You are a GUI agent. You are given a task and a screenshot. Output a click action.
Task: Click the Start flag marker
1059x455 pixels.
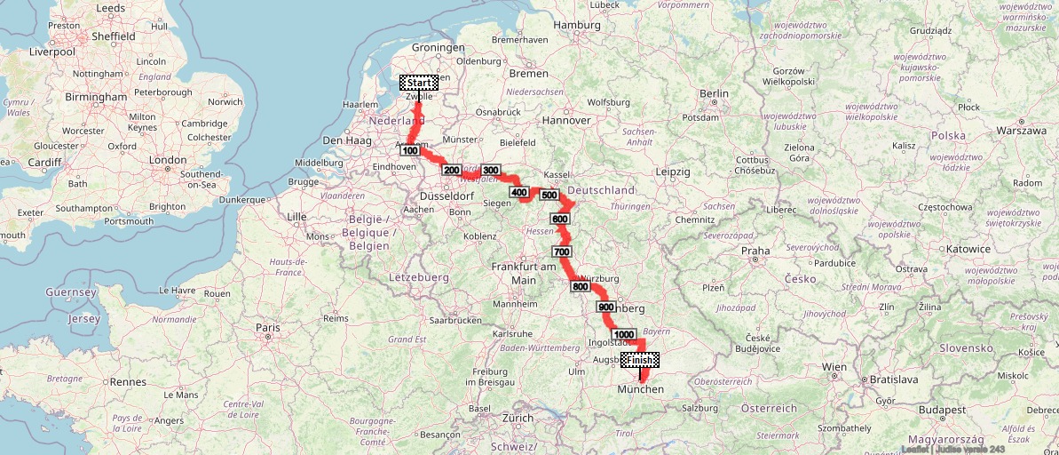[x=418, y=83]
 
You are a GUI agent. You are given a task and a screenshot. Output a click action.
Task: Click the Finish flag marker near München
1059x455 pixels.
[x=640, y=359]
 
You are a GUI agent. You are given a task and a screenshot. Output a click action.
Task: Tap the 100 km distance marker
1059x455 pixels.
[x=409, y=151]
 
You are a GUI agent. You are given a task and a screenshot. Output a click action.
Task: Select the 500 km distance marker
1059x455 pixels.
[x=549, y=196]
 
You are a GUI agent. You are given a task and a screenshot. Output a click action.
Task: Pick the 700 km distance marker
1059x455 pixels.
[x=561, y=252]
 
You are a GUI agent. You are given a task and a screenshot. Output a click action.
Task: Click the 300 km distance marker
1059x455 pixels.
[x=492, y=170]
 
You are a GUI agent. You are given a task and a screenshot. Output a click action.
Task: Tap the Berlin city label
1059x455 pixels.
[x=714, y=93]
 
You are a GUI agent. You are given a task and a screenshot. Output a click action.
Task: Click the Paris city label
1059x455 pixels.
[x=268, y=327]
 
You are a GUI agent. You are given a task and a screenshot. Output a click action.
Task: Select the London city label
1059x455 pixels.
[x=168, y=160]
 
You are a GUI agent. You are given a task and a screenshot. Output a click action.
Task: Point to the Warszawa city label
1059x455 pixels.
[x=1022, y=131]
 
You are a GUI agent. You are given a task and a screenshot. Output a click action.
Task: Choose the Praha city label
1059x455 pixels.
[x=756, y=251]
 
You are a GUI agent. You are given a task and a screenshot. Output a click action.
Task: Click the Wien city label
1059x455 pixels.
[x=834, y=366]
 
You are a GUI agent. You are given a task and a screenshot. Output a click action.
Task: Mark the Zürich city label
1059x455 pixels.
[x=518, y=417]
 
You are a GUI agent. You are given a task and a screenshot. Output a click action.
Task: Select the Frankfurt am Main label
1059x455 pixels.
[x=523, y=274]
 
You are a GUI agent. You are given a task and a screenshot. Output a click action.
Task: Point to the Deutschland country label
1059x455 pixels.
[x=602, y=190]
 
